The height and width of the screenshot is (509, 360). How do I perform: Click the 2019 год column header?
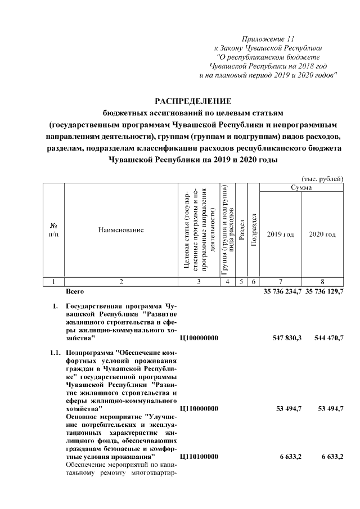281,234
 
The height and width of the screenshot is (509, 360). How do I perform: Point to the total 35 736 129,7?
324,291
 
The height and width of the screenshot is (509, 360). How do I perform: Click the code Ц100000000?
199,337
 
